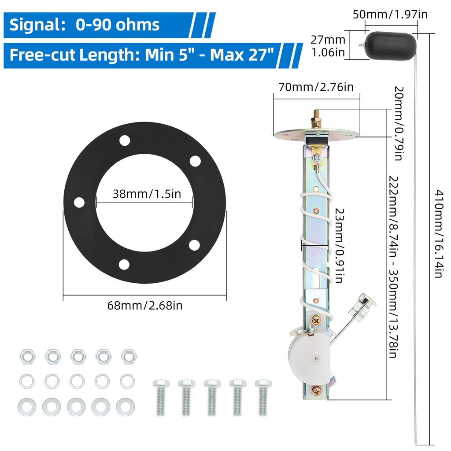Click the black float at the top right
(391, 46)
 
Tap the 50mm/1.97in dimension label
(390, 15)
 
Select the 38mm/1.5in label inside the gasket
(147, 194)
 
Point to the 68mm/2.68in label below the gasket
(145, 305)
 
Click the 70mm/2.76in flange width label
(316, 87)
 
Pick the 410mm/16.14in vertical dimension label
(438, 233)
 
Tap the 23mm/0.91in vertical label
(340, 246)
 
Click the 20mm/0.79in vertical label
(399, 123)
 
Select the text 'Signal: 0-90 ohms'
(84, 25)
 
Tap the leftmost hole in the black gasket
(79, 202)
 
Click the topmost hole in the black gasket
(125, 140)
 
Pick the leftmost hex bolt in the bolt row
(161, 397)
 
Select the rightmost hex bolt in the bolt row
(263, 397)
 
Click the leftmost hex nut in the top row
(28, 357)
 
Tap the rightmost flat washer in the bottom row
(126, 407)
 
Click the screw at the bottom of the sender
(316, 391)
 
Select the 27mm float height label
(328, 46)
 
